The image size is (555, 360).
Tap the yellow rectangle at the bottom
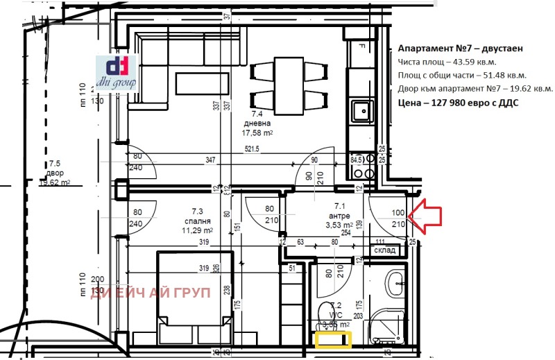333,340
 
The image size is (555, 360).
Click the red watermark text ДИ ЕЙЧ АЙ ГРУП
151,293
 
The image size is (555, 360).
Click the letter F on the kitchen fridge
361,47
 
